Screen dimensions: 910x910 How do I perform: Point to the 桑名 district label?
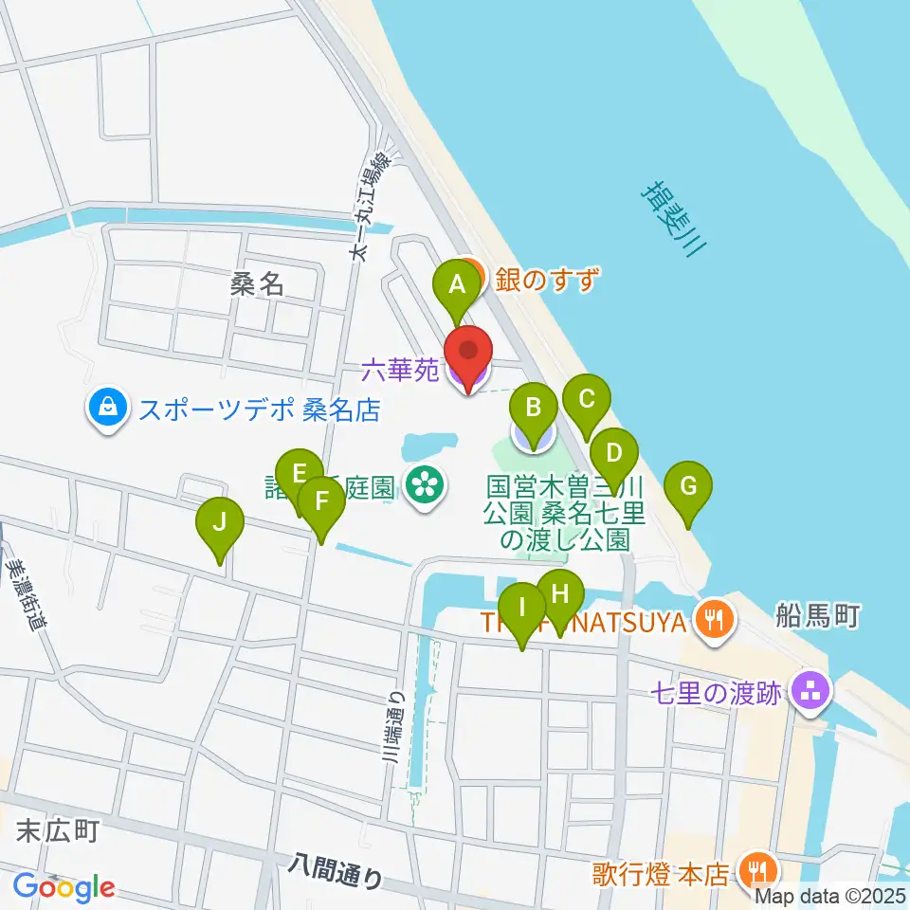tap(257, 283)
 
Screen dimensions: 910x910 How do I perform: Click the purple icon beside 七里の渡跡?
tap(810, 693)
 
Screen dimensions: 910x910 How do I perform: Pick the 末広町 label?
tap(58, 831)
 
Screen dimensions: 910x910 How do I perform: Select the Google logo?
tap(64, 886)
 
